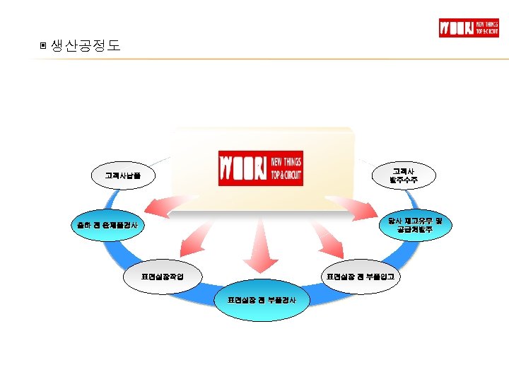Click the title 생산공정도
[x=86, y=46]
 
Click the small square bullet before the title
[x=44, y=47]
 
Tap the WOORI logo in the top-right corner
[x=469, y=28]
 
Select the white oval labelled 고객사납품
[x=122, y=175]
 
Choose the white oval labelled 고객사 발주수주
[x=404, y=175]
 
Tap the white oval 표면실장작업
[x=163, y=276]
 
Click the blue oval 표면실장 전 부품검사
[x=262, y=301]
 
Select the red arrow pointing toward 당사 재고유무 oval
[x=361, y=205]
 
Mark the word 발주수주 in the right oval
[x=404, y=180]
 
